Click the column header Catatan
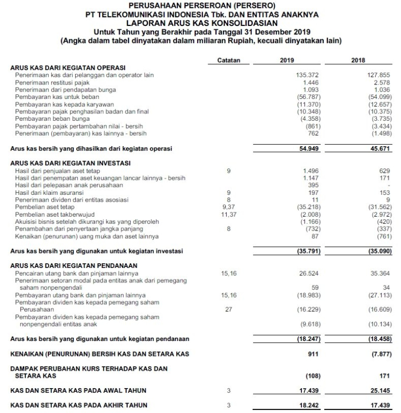click(x=229, y=61)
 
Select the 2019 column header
click(x=287, y=61)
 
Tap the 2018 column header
click(x=358, y=61)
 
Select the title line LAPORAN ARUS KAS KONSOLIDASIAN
click(x=201, y=23)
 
